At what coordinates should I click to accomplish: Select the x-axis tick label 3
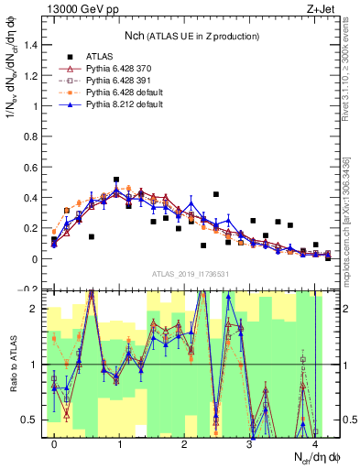[250, 444]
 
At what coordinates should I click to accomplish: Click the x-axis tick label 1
[120, 444]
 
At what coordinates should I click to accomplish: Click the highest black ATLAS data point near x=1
[116, 180]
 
